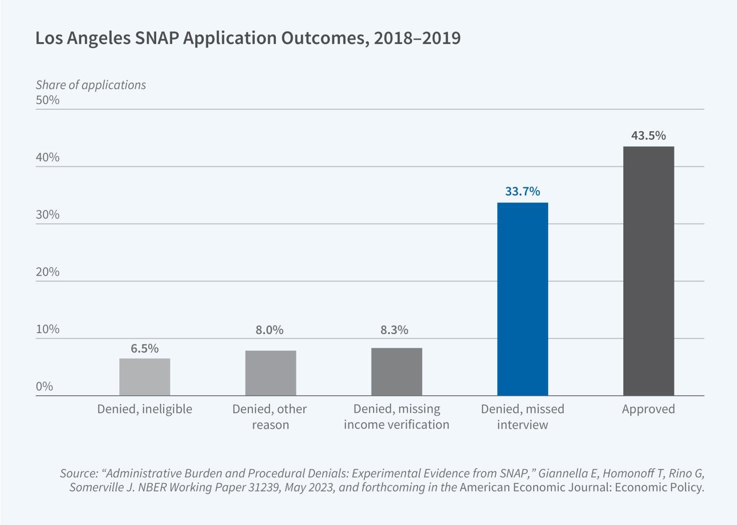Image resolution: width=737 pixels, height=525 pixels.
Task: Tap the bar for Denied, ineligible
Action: (x=145, y=377)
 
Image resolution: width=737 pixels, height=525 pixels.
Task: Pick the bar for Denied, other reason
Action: (x=270, y=373)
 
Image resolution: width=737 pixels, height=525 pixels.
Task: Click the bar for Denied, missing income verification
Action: (x=397, y=372)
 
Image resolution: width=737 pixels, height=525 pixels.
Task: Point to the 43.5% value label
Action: (x=648, y=135)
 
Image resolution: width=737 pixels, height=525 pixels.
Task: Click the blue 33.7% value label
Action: (x=522, y=191)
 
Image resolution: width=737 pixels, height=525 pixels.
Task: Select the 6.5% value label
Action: (x=145, y=348)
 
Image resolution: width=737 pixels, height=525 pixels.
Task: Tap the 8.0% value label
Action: (x=269, y=330)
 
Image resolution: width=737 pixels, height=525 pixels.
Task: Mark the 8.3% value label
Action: (x=394, y=330)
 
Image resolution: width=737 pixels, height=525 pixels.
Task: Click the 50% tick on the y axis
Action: (x=48, y=100)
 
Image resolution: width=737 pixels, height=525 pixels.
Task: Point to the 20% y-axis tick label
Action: (x=48, y=272)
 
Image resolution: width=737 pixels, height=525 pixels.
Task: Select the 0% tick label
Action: (x=45, y=386)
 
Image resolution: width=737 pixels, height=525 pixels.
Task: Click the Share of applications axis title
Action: (x=91, y=85)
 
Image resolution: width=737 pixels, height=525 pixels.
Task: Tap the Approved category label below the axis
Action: (x=648, y=409)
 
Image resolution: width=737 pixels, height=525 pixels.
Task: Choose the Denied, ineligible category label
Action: (x=145, y=409)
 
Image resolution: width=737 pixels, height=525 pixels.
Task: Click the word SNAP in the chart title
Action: (x=157, y=38)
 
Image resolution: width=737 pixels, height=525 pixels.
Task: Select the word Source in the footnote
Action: (x=78, y=473)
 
